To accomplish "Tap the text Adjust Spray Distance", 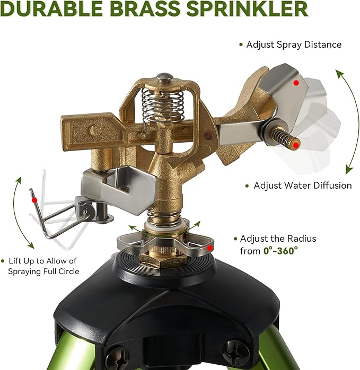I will [294, 45].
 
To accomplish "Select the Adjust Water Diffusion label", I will [302, 186].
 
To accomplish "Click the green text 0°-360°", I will [280, 251].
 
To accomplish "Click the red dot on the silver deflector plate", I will [297, 83].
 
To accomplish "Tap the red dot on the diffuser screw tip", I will [297, 144].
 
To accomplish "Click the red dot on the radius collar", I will [210, 247].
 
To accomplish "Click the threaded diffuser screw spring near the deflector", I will [287, 138].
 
